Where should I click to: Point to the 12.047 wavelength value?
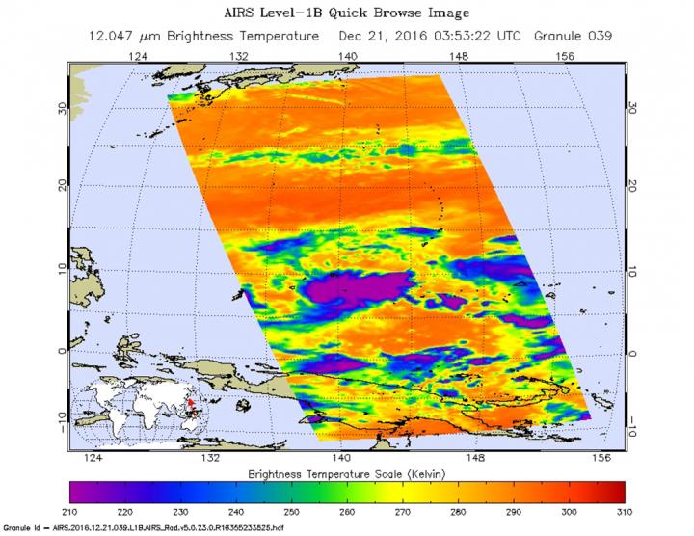coord(124,38)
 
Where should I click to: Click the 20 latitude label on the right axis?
coord(633,183)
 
